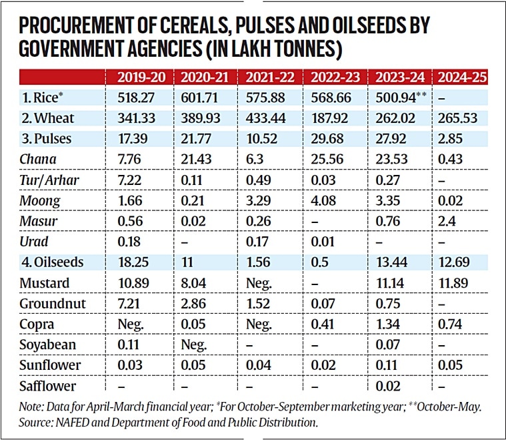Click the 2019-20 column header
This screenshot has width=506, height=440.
click(141, 76)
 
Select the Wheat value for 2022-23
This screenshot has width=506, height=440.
click(330, 118)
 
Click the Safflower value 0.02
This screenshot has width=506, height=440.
click(387, 385)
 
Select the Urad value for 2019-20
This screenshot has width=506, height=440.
click(128, 241)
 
